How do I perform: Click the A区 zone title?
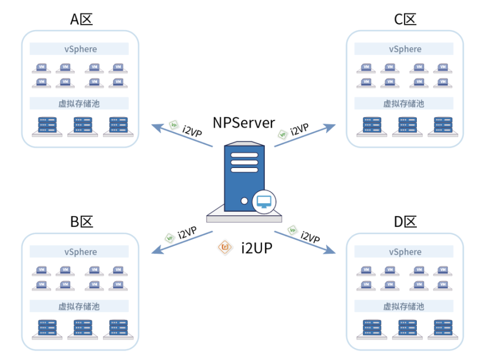click(x=81, y=19)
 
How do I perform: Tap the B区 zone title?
click(x=81, y=222)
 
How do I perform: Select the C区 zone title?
click(x=405, y=19)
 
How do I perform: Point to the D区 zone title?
click(x=405, y=222)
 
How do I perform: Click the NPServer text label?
click(x=243, y=123)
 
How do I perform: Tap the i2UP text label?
click(x=256, y=248)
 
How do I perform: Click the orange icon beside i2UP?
click(x=225, y=247)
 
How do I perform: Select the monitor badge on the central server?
click(x=264, y=202)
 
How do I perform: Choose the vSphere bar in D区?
click(x=404, y=251)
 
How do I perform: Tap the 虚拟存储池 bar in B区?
click(x=79, y=306)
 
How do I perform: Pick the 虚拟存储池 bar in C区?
click(x=404, y=103)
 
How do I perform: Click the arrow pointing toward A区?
click(x=182, y=135)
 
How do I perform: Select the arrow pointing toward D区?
click(x=305, y=242)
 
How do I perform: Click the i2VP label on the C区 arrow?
click(x=299, y=129)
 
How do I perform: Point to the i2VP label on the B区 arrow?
click(x=187, y=233)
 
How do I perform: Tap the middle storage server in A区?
click(x=83, y=126)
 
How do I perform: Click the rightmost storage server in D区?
click(x=443, y=329)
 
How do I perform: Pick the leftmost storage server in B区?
click(x=47, y=329)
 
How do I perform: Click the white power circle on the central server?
click(x=244, y=201)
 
